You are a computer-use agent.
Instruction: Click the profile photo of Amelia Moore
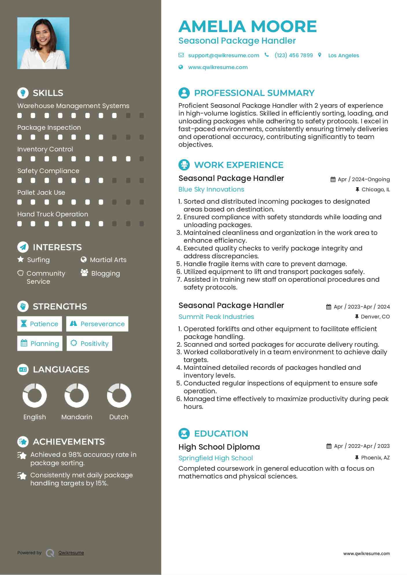click(x=43, y=43)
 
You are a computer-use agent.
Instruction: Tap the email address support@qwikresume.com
click(x=223, y=55)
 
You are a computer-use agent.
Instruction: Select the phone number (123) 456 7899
click(x=294, y=55)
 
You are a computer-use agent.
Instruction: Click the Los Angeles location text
click(x=343, y=55)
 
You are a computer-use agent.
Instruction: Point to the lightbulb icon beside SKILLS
click(x=23, y=93)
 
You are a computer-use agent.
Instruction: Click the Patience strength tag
click(x=40, y=324)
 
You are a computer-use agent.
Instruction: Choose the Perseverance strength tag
click(x=97, y=324)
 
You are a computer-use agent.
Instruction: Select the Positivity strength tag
click(x=89, y=343)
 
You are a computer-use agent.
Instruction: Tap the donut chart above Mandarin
click(x=77, y=395)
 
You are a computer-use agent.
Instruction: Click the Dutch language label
click(x=119, y=417)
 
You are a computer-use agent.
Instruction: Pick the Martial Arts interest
click(x=108, y=260)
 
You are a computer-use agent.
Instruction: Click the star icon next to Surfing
click(x=21, y=259)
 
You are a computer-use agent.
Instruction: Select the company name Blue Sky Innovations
click(x=211, y=189)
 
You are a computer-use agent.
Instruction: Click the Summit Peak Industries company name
click(x=216, y=317)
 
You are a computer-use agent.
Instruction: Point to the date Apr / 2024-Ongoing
click(x=363, y=179)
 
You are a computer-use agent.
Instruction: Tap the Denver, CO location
click(x=375, y=317)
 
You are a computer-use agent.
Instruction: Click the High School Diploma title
click(x=219, y=447)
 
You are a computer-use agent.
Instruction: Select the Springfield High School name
click(x=216, y=458)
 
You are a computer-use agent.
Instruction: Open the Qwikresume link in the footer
click(x=71, y=553)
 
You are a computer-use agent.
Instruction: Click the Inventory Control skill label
click(x=45, y=149)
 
